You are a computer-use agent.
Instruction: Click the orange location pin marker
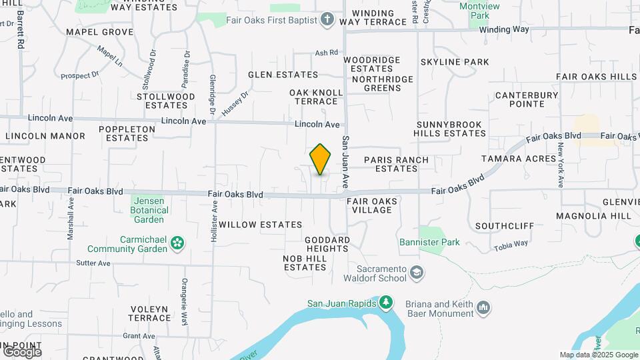click(x=321, y=159)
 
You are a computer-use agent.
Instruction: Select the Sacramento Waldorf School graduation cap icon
click(x=417, y=273)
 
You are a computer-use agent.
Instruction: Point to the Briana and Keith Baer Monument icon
click(x=483, y=307)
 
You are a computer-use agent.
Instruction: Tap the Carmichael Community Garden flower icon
click(x=177, y=243)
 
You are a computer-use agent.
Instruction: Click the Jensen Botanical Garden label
click(x=148, y=210)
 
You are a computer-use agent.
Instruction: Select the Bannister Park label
click(x=429, y=243)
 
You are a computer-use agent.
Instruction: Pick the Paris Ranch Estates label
click(x=396, y=164)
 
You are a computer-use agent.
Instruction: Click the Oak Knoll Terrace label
click(x=316, y=97)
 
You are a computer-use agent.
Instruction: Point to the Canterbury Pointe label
click(x=527, y=99)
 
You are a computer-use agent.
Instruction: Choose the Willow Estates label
click(x=261, y=225)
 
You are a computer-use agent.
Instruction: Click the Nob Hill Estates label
click(x=305, y=263)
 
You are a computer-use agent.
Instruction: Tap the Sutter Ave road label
click(x=93, y=263)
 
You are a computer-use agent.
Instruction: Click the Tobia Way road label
click(x=511, y=246)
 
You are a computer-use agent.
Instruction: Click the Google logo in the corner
click(x=22, y=351)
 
